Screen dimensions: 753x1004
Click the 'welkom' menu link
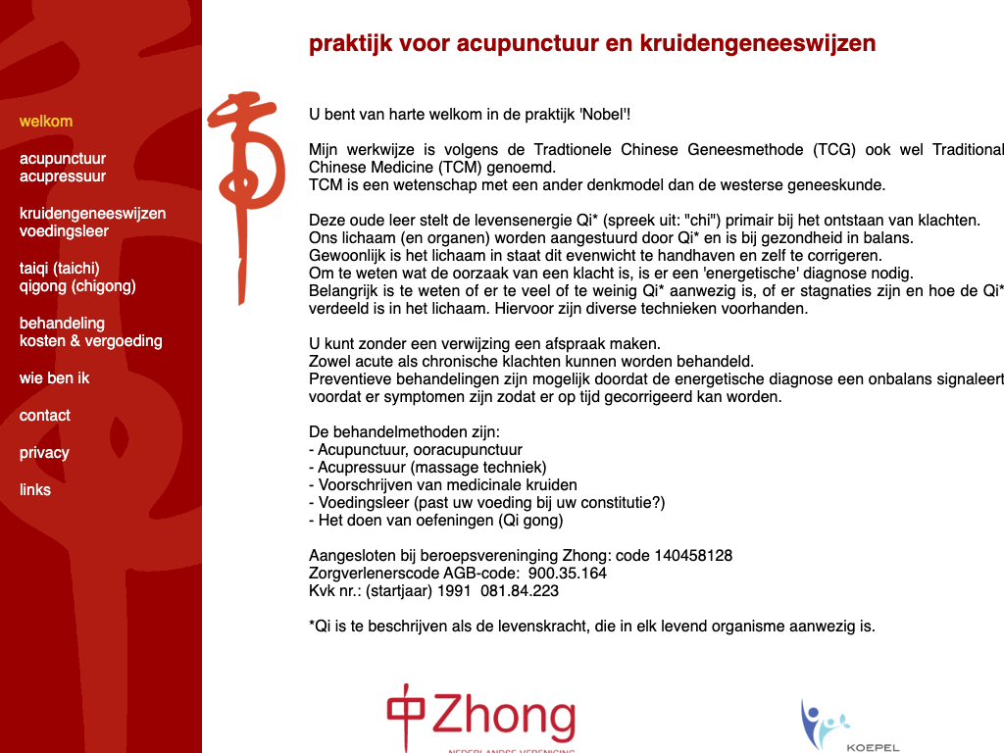[x=46, y=122]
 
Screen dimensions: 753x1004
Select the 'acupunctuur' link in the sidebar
[x=63, y=159]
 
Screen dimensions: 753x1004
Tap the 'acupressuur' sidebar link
[x=63, y=176]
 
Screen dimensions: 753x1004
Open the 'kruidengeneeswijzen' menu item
[x=92, y=214]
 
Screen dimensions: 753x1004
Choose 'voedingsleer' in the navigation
[x=64, y=231]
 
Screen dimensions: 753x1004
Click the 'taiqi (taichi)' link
[x=60, y=269]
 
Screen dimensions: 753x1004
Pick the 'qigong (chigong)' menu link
[x=77, y=286]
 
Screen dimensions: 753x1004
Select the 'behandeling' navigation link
[x=62, y=324]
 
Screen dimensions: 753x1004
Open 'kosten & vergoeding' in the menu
[x=91, y=341]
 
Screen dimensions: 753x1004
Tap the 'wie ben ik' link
[x=54, y=378]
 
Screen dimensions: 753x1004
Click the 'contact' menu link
[x=45, y=416]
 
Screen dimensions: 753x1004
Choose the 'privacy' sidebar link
[x=44, y=453]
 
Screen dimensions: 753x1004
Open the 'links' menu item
[x=35, y=490]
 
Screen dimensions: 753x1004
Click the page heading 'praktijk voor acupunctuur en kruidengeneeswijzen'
[x=592, y=44]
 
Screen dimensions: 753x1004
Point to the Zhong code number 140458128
[x=691, y=556]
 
